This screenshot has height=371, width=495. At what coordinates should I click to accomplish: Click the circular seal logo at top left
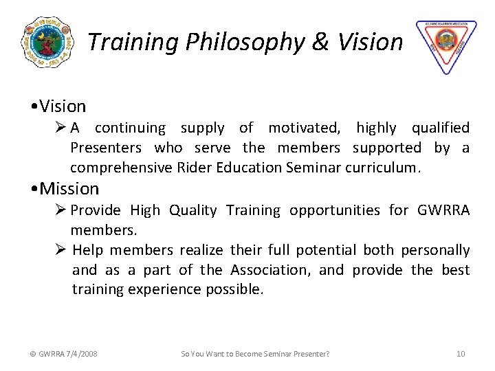47,43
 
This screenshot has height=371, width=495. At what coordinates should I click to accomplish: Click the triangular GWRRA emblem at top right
446,45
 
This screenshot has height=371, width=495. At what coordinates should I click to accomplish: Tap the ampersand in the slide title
320,43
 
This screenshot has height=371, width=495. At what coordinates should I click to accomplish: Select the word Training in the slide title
133,43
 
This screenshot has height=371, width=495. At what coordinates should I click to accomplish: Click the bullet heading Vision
63,106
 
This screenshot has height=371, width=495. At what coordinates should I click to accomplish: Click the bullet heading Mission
69,188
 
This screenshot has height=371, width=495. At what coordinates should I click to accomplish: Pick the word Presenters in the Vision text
106,148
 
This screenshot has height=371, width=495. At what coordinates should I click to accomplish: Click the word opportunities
334,210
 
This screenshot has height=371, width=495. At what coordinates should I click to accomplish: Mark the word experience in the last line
168,289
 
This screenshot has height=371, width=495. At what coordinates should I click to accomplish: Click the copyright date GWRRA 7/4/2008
63,354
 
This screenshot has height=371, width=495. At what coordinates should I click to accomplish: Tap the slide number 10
461,354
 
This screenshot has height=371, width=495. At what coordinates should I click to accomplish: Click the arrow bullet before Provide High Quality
60,210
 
